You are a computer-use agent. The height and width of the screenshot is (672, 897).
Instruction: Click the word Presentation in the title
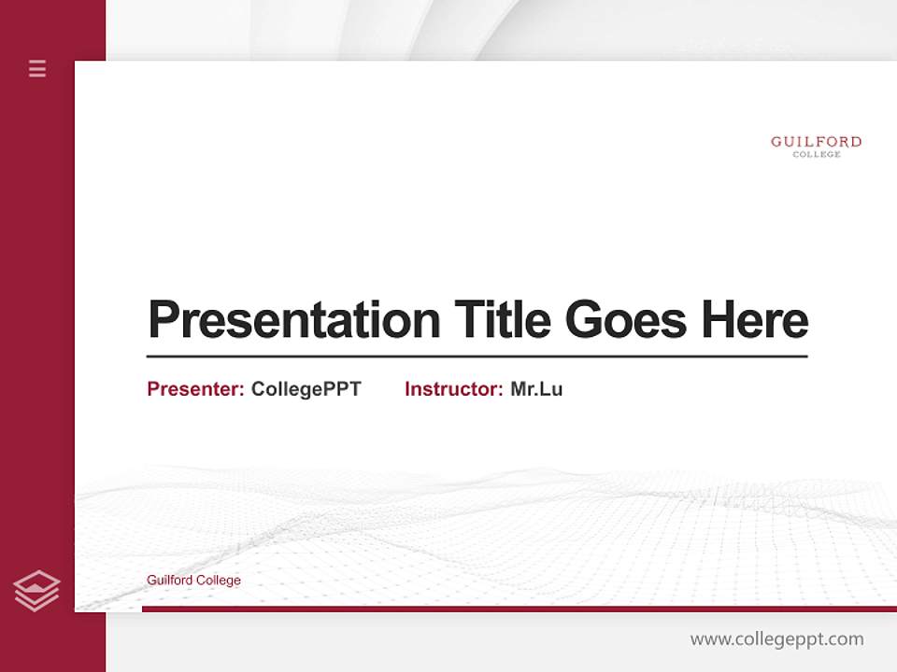293,320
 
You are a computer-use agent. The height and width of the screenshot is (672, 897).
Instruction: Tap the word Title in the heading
502,320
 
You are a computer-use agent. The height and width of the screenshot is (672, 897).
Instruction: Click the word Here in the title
755,320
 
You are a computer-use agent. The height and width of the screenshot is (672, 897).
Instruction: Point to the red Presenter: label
195,389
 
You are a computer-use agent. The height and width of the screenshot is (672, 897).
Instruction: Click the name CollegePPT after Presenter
306,389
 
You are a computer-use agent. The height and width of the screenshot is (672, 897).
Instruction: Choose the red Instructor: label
453,389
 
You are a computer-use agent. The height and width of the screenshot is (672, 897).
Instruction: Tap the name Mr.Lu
536,389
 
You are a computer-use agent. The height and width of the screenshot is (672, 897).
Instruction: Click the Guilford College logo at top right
816,147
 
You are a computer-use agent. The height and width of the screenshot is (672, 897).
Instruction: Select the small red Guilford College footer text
193,581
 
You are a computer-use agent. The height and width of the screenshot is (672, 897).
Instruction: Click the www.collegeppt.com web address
776,639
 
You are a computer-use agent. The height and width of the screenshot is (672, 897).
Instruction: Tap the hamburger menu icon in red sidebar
37,68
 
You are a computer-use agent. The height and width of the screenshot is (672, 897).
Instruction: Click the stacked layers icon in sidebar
36,591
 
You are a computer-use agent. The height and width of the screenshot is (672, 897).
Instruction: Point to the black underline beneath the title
477,356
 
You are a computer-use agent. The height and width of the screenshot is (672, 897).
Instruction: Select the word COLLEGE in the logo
817,155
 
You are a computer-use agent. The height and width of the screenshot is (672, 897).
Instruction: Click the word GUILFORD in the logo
816,142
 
